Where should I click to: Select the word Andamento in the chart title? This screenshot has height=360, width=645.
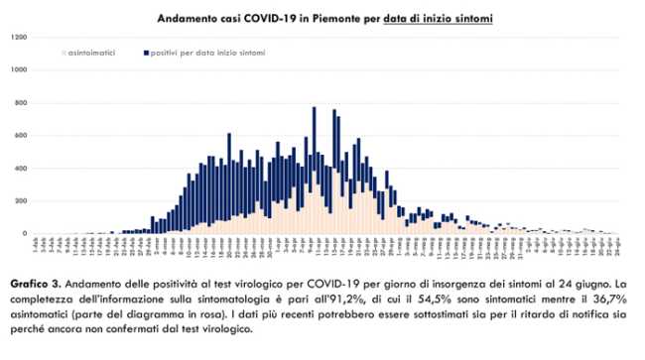pyautogui.click(x=186, y=18)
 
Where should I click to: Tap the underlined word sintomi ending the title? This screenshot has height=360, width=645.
pyautogui.click(x=467, y=18)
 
